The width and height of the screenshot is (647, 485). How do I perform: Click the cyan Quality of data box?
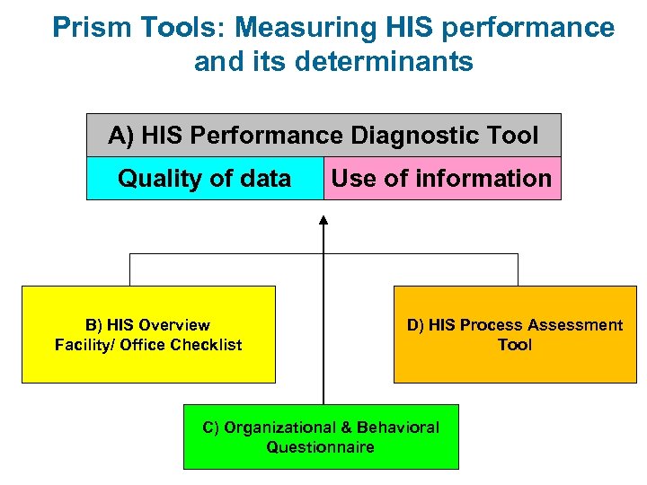[x=205, y=179]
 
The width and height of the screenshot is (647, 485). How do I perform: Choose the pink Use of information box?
[x=441, y=179]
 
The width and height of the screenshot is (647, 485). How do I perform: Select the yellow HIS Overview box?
[x=148, y=334]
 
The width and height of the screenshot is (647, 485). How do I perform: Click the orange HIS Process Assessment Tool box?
[x=515, y=334]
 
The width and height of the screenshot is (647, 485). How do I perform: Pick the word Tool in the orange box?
[x=515, y=345]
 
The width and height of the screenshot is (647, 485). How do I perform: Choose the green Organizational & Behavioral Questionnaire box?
[x=321, y=436]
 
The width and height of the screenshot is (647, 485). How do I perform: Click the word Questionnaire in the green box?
[x=321, y=447]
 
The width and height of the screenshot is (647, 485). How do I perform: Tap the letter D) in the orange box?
[x=416, y=325]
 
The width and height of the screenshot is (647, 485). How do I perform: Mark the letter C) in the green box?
[x=211, y=428]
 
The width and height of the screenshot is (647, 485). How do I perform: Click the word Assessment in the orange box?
[x=563, y=325]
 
